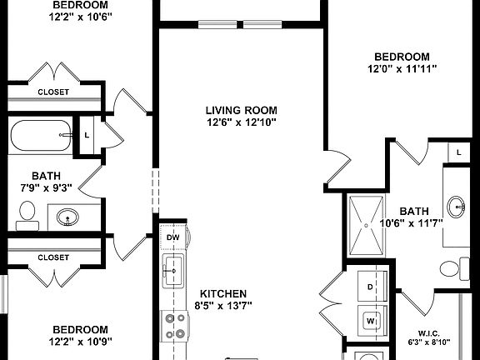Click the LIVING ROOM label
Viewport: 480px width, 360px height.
pyautogui.click(x=241, y=109)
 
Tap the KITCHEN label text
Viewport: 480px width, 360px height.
pyautogui.click(x=220, y=293)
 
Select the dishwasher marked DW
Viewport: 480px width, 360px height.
pyautogui.click(x=173, y=237)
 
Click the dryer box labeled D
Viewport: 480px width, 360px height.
pyautogui.click(x=370, y=287)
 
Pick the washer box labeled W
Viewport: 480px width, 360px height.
pyautogui.click(x=370, y=318)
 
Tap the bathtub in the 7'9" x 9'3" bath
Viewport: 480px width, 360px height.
pyautogui.click(x=42, y=134)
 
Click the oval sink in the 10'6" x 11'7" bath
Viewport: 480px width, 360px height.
pyautogui.click(x=457, y=205)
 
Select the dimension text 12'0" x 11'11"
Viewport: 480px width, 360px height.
pyautogui.click(x=403, y=68)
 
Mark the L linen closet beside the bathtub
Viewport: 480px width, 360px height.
pyautogui.click(x=87, y=134)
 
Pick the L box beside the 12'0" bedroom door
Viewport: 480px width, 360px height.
pyautogui.click(x=458, y=152)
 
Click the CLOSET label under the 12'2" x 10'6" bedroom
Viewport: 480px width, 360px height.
pyautogui.click(x=53, y=91)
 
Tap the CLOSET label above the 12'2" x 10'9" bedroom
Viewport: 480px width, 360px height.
pyautogui.click(x=53, y=257)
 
